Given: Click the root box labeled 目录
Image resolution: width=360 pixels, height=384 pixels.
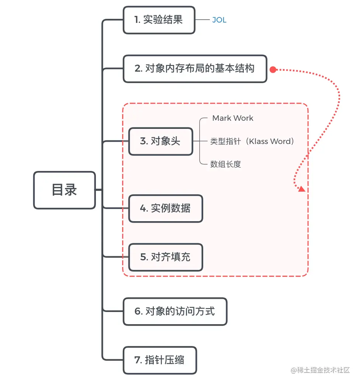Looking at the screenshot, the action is click(65, 190).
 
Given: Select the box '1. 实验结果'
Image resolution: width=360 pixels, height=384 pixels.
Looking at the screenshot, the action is click(159, 20).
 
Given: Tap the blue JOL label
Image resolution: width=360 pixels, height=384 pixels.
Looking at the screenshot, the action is click(219, 20).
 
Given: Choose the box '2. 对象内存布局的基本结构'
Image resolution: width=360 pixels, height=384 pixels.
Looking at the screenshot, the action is click(195, 69).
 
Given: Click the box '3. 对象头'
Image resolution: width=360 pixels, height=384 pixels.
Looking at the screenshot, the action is click(161, 141).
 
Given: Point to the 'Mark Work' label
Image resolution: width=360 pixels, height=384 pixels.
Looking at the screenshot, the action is click(233, 118).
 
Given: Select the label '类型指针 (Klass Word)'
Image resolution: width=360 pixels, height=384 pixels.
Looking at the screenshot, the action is click(252, 141).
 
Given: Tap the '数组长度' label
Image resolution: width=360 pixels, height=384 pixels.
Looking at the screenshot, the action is click(225, 164).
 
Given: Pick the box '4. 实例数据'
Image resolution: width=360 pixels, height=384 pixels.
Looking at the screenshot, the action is click(166, 208).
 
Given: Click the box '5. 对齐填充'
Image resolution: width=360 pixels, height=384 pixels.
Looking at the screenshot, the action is click(166, 257).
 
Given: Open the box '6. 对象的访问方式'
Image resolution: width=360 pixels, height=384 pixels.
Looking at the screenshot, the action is click(175, 312).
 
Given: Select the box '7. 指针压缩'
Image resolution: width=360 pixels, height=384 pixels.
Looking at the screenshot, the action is click(160, 360).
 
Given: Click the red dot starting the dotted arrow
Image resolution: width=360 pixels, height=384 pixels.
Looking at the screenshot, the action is click(273, 70).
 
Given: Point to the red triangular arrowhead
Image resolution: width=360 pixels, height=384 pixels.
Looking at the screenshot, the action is click(302, 189).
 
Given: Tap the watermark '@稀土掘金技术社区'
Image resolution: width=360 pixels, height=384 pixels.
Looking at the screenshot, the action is click(320, 370).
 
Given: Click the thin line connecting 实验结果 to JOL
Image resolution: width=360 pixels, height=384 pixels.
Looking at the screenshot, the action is click(202, 20).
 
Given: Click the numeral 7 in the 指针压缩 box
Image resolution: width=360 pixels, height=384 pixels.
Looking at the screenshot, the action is click(137, 360).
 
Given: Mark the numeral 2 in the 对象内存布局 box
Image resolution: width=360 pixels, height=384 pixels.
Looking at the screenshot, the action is click(138, 69).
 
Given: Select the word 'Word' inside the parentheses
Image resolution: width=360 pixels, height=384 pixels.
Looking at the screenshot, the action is click(281, 141).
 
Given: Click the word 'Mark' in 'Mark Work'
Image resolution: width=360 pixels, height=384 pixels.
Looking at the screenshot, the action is click(222, 118).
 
